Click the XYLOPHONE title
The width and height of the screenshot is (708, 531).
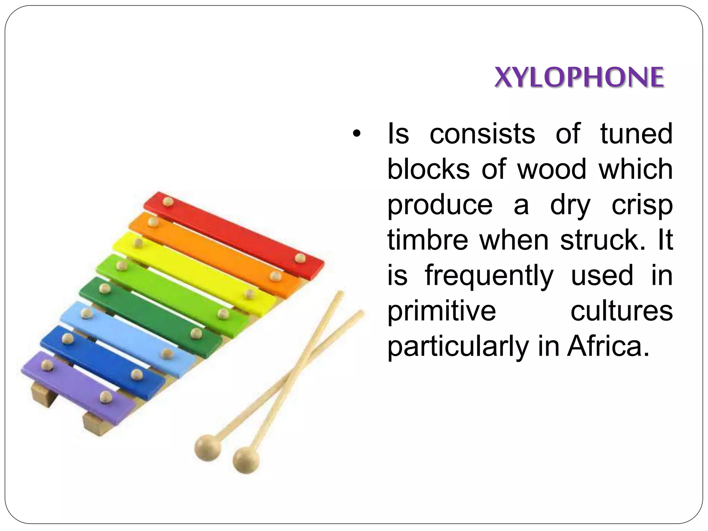tap(579, 77)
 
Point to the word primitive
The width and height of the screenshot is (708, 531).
tap(441, 311)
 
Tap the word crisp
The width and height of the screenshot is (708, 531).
tap(642, 205)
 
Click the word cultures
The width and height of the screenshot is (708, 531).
tap(622, 311)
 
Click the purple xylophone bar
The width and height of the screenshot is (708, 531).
tap(76, 387)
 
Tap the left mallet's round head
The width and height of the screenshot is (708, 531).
tap(207, 448)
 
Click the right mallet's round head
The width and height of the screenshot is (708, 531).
tap(246, 460)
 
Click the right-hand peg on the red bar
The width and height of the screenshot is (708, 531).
tap(300, 258)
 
